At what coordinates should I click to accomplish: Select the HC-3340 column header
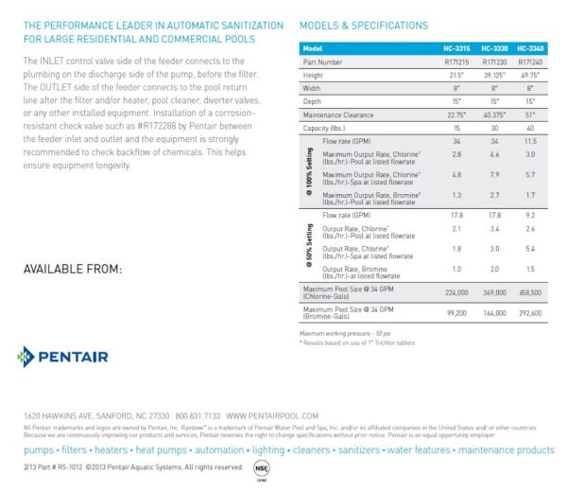pyautogui.click(x=531, y=47)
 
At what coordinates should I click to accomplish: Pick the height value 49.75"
pyautogui.click(x=531, y=74)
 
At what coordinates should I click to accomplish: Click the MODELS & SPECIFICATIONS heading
pyautogui.click(x=363, y=26)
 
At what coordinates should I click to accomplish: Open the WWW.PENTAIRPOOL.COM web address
pyautogui.click(x=268, y=415)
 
